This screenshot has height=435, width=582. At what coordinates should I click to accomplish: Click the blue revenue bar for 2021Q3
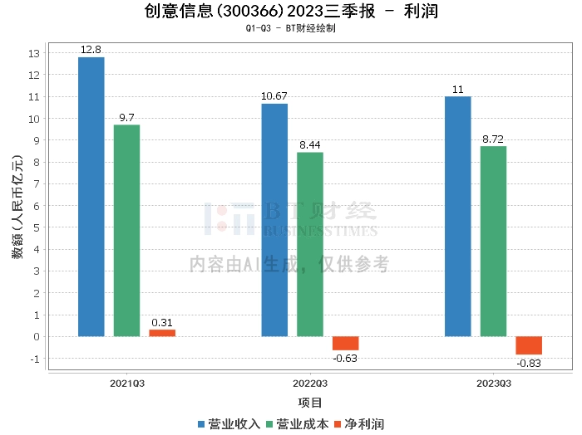coord(91,197)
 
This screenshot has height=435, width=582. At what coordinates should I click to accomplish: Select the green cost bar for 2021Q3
coord(127,231)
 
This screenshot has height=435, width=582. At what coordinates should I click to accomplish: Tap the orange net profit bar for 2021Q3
coord(162,333)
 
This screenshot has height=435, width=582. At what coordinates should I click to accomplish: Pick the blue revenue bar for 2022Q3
coord(274,220)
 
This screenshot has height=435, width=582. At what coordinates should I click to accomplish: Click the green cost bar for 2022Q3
coord(310,244)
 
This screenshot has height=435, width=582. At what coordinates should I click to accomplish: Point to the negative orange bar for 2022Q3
coord(346,343)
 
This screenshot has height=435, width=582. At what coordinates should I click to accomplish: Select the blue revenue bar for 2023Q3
coord(458,217)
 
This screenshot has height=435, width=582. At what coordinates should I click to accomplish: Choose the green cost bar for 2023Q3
coord(493,242)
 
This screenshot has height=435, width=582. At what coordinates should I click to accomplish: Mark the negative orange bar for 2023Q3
coord(529,345)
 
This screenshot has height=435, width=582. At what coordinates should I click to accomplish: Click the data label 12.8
coord(91,50)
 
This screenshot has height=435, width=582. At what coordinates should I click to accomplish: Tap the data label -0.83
coord(529,364)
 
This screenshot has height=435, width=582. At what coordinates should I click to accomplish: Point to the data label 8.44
coord(310,145)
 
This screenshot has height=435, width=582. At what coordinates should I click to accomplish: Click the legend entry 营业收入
coord(229,424)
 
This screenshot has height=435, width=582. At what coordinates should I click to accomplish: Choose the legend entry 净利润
coord(360,424)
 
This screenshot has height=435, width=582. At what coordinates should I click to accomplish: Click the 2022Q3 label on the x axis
coord(310,384)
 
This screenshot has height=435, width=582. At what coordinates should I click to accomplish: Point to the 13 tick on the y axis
coord(34,54)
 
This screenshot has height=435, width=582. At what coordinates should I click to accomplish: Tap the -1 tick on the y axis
coord(34,359)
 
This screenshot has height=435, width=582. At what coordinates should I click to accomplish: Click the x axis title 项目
coord(310,403)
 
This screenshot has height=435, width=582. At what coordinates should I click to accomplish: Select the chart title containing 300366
coord(291,12)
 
